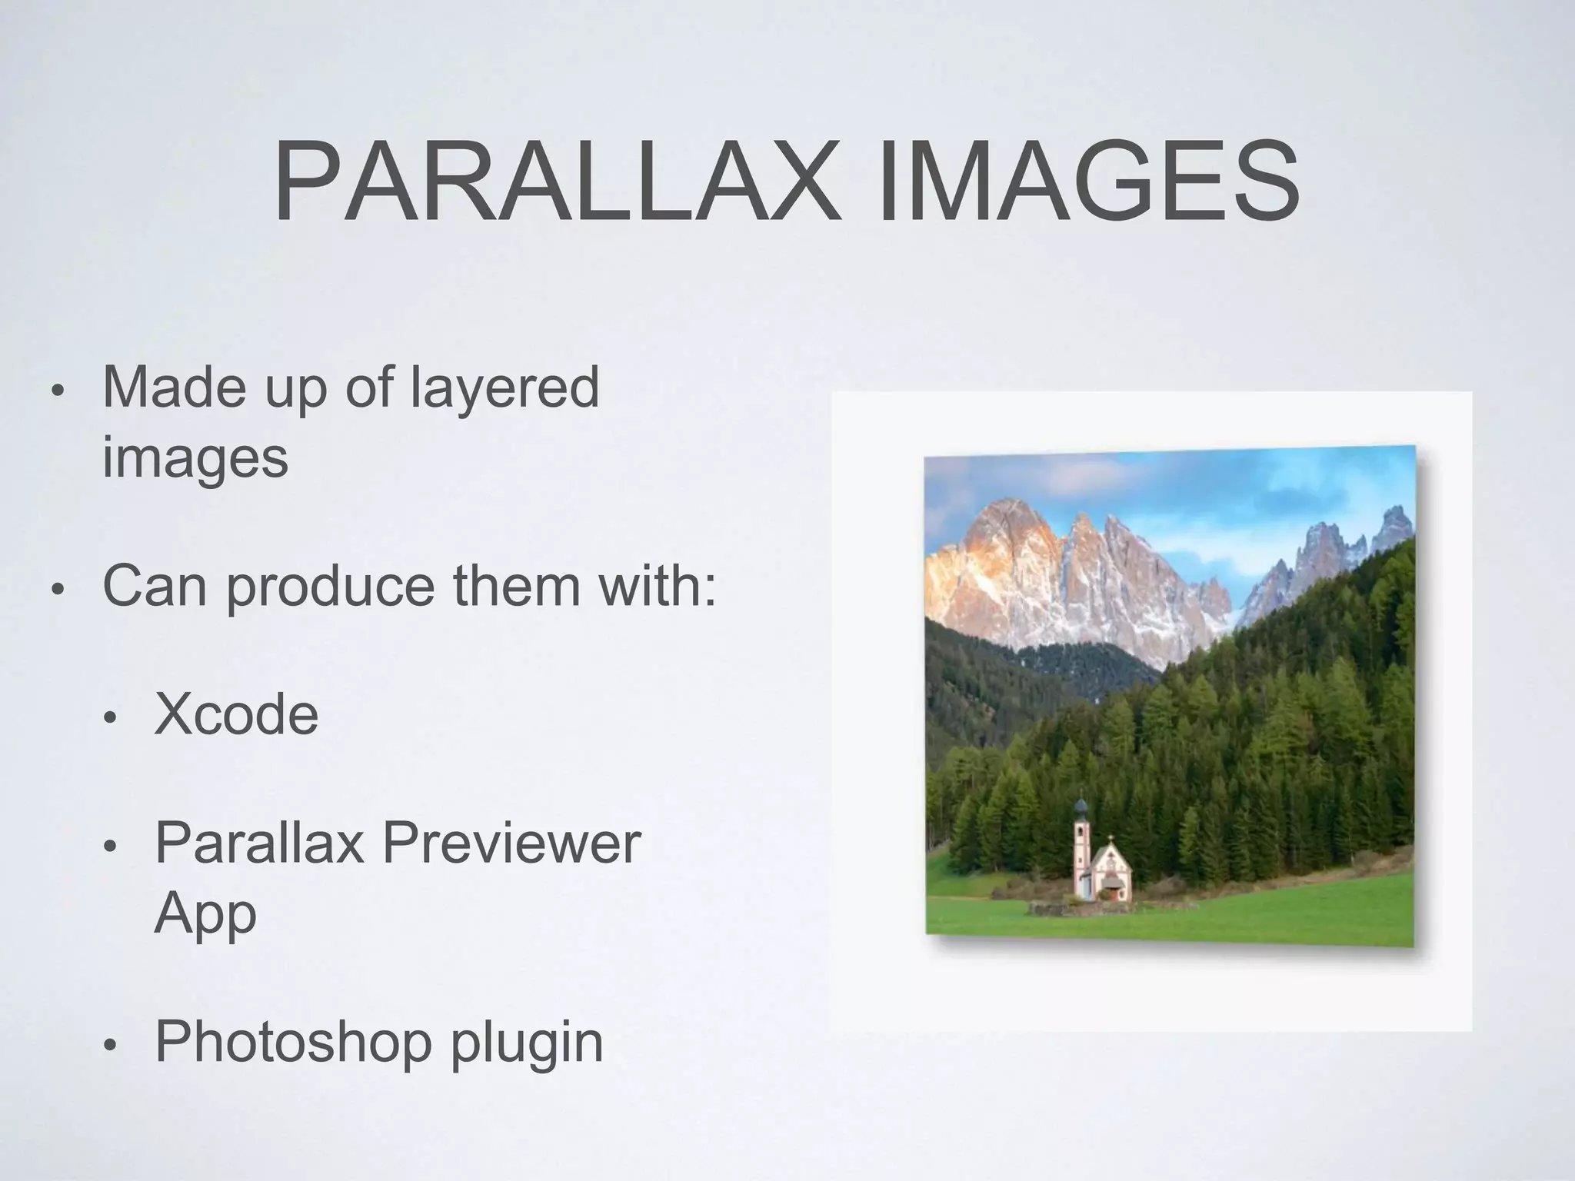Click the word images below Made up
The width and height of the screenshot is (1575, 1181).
195,457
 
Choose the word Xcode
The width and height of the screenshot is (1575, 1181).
236,714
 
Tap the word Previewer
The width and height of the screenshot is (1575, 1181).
511,844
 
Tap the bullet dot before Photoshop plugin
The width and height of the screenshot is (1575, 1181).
110,1046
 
